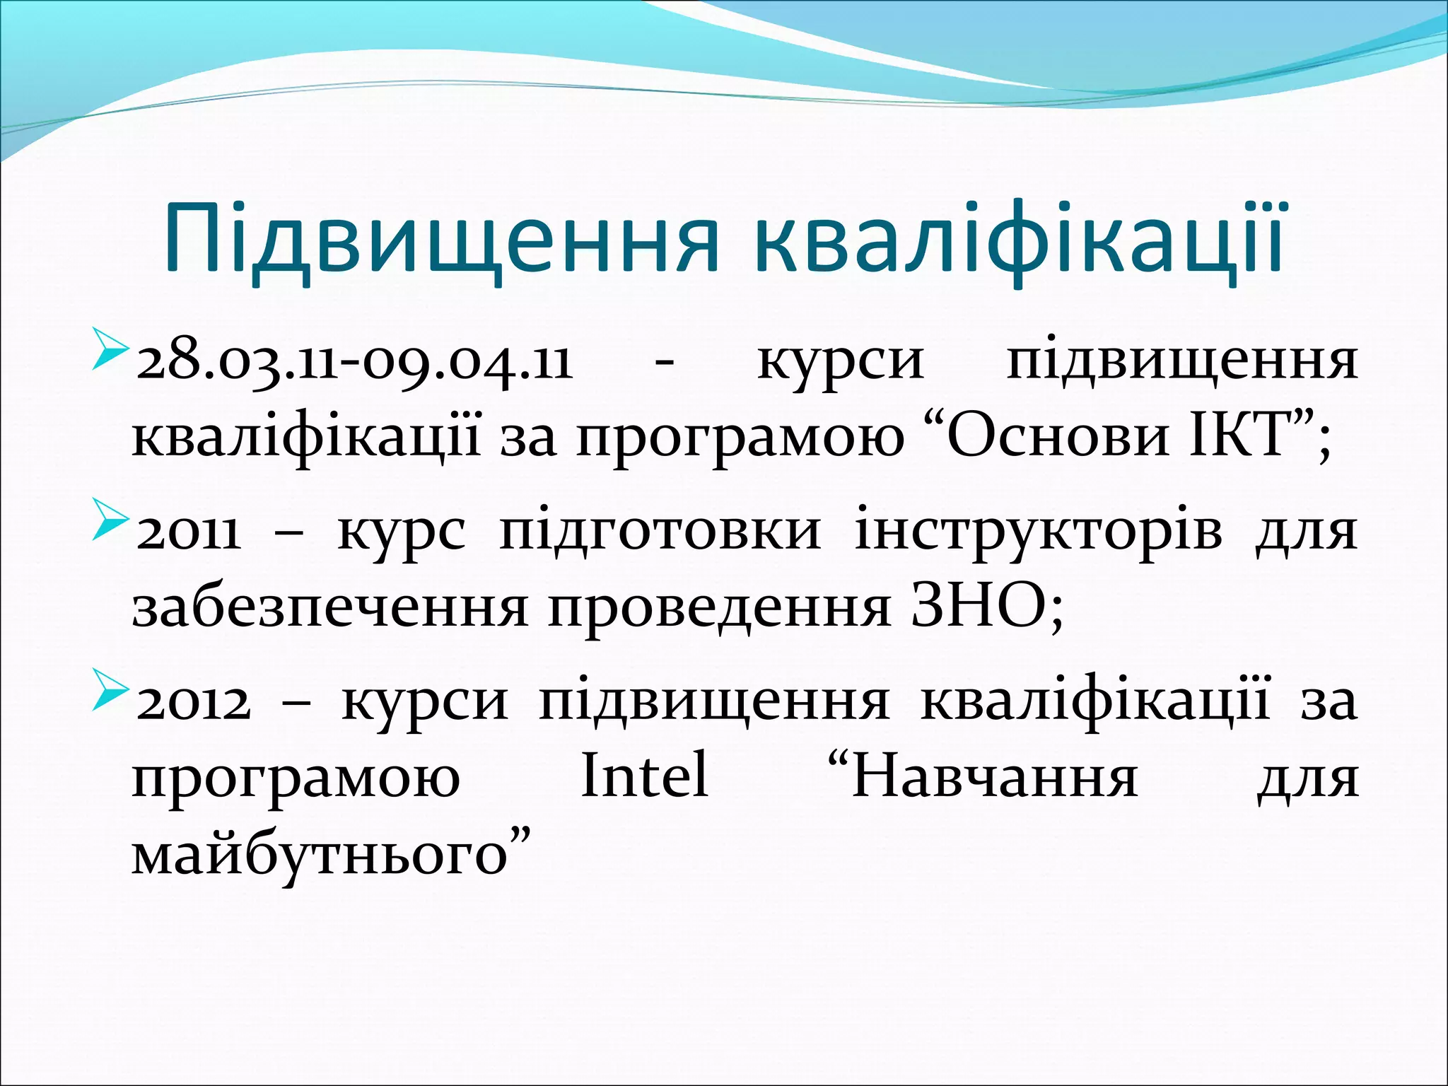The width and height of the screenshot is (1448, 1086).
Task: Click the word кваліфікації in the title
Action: click(1017, 240)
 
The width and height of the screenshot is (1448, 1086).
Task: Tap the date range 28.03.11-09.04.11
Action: click(354, 363)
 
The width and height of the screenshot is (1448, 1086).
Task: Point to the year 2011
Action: click(188, 532)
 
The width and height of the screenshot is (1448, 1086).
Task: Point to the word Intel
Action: click(644, 776)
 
